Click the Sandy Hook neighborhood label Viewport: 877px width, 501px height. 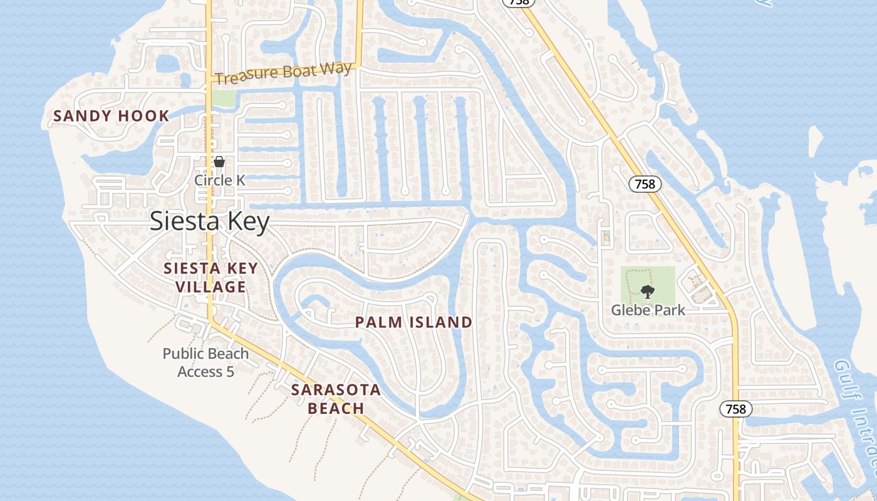tap(111, 116)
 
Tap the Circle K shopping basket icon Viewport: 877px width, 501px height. tap(219, 162)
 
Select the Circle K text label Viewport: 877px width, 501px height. tap(219, 180)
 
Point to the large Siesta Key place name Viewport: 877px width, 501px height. tap(209, 222)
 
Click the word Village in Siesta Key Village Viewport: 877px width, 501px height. tap(210, 287)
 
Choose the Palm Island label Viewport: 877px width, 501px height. tap(413, 323)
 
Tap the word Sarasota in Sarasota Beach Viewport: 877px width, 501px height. tap(336, 390)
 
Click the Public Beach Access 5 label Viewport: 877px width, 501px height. tap(205, 363)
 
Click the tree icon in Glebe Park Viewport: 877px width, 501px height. tap(647, 291)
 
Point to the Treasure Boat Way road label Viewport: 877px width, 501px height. tap(283, 73)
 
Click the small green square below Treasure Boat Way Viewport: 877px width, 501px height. tap(223, 98)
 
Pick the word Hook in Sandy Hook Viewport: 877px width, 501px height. tap(147, 116)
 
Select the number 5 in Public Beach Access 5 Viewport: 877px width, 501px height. tap(229, 372)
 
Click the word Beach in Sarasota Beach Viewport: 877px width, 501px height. tap(336, 408)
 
